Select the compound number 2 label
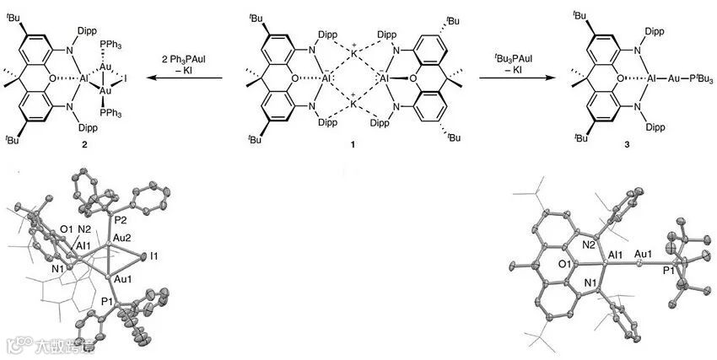tap(60, 145)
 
